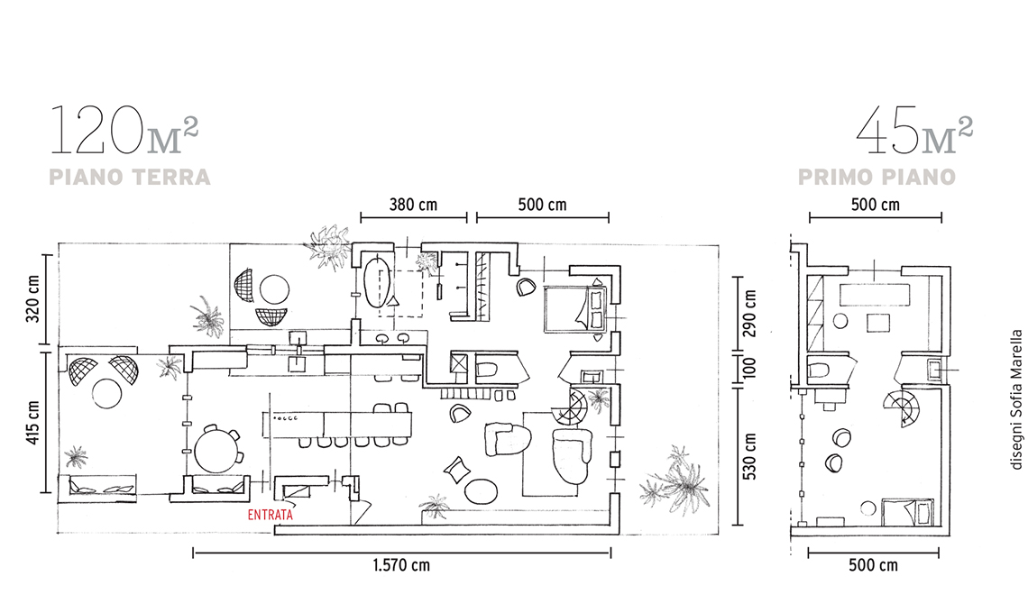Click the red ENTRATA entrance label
point(271,515)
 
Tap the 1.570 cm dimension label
point(401,565)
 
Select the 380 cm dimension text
point(413,205)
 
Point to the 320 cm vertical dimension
point(32,298)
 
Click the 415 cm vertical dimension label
point(32,423)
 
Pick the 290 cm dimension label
point(750,314)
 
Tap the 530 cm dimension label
point(750,456)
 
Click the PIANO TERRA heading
point(130,177)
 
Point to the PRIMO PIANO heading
point(877,177)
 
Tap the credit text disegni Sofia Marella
point(1016,399)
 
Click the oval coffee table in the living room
point(482,491)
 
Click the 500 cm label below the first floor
point(873,565)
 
